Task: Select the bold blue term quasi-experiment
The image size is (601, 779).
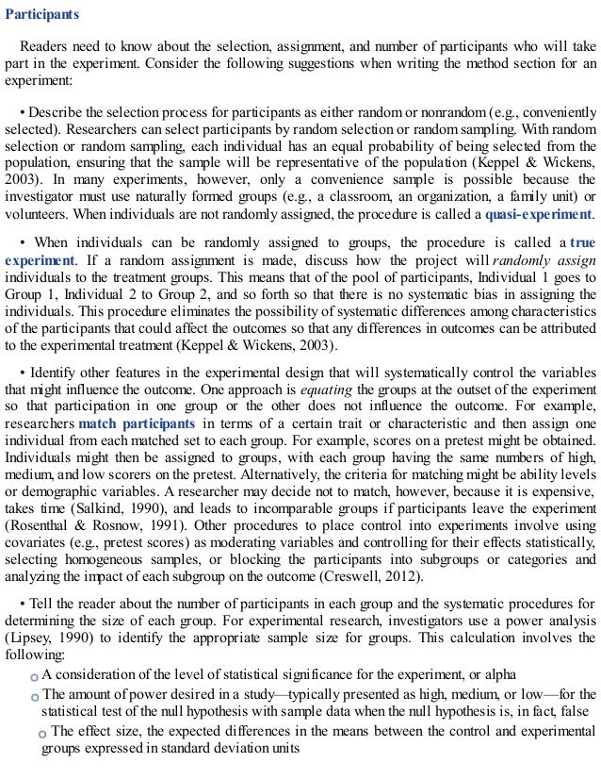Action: pyautogui.click(x=539, y=214)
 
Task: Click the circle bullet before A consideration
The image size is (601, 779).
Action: pyautogui.click(x=34, y=677)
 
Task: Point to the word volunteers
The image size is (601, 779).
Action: pyautogui.click(x=37, y=214)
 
